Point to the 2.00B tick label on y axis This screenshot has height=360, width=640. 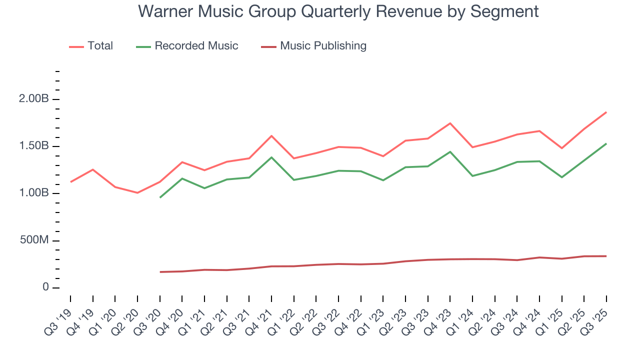(34, 99)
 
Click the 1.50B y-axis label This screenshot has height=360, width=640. (34, 146)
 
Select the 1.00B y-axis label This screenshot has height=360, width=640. (34, 193)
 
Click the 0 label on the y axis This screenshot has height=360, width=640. (45, 287)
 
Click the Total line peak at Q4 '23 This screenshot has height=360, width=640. (450, 123)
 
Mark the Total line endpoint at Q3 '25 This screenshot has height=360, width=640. (606, 112)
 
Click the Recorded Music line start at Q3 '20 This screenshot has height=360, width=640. (160, 197)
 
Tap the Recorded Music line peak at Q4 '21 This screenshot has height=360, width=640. (271, 157)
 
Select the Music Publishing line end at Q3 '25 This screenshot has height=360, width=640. (606, 256)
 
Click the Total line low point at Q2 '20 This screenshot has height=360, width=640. (137, 192)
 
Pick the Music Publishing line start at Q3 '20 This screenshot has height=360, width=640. (160, 272)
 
